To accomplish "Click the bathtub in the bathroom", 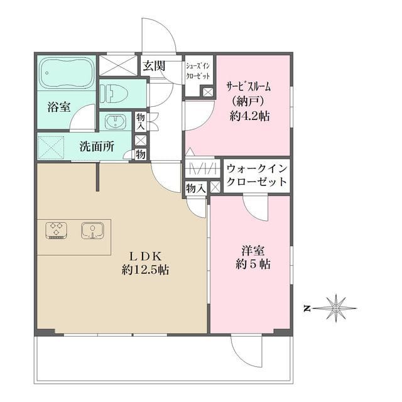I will pyautogui.click(x=65, y=73).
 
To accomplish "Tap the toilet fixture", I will pyautogui.click(x=116, y=93).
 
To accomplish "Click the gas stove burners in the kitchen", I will pyautogui.click(x=57, y=231).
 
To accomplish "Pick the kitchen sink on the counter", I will pyautogui.click(x=92, y=231).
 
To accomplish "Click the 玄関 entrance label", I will pyautogui.click(x=153, y=65).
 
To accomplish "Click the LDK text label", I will pyautogui.click(x=146, y=256).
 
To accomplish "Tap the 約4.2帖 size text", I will pyautogui.click(x=249, y=116).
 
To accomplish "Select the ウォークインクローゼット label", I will pyautogui.click(x=257, y=175).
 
